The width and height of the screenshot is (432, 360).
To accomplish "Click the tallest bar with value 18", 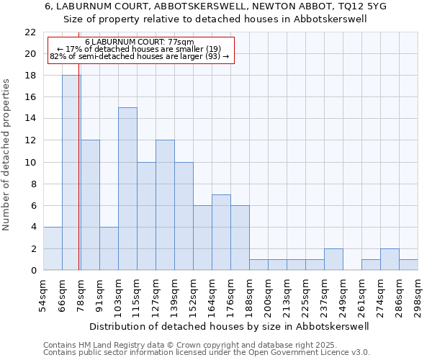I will coord(71,173).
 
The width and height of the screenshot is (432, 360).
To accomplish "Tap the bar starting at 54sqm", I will coord(53,248).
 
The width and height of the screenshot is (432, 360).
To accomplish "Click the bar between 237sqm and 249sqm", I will coord(333,259).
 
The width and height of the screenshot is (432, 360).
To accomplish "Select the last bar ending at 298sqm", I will coord(408,265).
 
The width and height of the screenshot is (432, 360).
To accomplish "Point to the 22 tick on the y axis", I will coord(30,32).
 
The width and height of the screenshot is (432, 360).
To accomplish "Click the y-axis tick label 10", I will coord(30,162).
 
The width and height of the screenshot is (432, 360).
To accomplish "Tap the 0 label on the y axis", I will coord(33,270).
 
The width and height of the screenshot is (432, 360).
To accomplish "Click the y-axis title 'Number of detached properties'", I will coord(7,154).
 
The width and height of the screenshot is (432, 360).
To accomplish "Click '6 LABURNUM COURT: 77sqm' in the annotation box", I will coord(140,42).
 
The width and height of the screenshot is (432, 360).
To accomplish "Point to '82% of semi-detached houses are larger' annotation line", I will coord(140,56).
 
